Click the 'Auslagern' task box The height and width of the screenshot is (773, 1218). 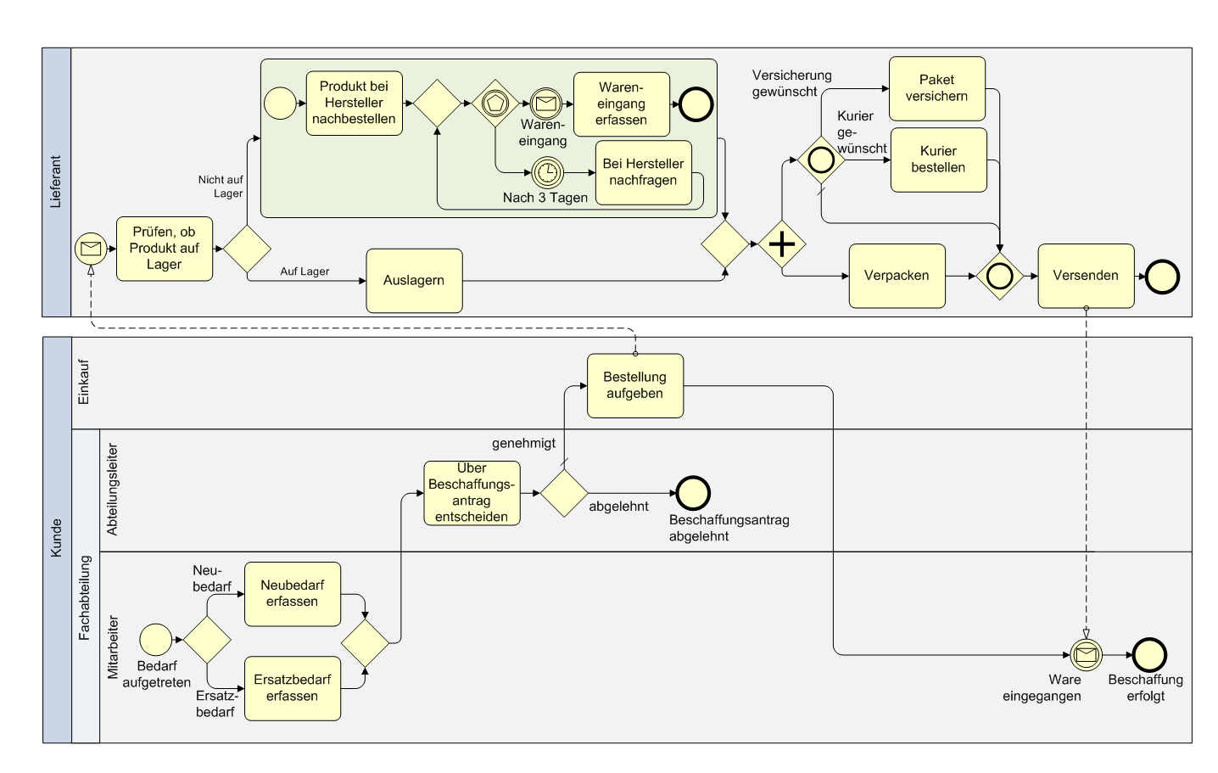pos(414,281)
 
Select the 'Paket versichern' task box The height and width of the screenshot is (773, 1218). pos(937,88)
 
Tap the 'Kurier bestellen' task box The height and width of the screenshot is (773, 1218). pos(938,160)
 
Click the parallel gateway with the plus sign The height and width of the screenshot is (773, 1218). pos(782,244)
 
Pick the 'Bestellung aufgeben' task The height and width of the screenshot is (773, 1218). pos(635,386)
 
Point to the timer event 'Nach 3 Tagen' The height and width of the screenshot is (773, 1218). pos(547,172)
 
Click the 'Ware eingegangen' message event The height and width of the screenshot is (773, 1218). pos(1086,654)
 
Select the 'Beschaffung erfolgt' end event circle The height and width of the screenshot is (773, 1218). pos(1149,655)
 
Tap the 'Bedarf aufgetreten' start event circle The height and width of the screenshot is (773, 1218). pos(155,640)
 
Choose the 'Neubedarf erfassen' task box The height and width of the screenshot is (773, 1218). pos(293,594)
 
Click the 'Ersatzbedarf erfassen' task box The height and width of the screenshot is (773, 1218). pos(293,689)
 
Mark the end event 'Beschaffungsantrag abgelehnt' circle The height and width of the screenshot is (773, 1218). pos(693,493)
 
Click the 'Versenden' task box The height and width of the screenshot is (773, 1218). pos(1086,276)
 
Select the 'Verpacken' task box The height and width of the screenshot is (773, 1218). pos(897,276)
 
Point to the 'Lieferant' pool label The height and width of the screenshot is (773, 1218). pos(56,182)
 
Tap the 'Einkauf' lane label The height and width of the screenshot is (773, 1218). pos(84,382)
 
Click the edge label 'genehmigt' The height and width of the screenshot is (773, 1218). pos(523,443)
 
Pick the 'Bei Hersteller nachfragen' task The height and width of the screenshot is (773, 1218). pos(644,172)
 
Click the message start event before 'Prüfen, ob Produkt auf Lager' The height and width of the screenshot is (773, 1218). pos(91,249)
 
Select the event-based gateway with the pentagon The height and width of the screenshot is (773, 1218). pos(494,104)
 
